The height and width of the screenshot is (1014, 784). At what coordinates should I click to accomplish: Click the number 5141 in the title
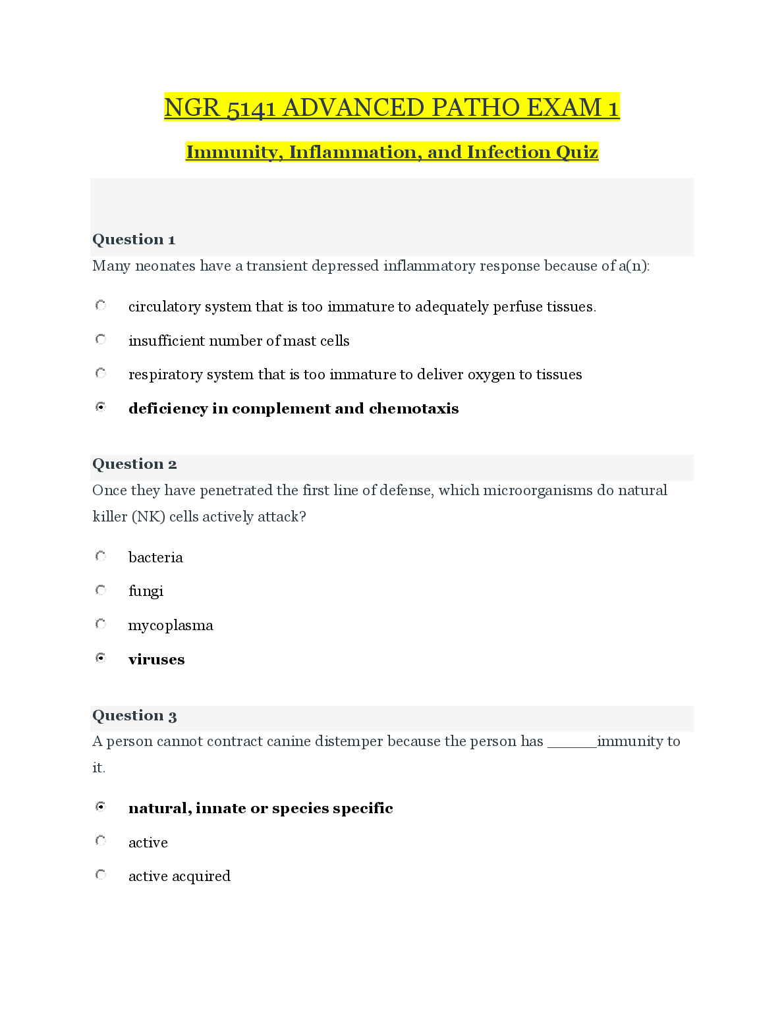[250, 108]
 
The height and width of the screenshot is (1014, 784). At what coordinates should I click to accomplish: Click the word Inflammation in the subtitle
[355, 152]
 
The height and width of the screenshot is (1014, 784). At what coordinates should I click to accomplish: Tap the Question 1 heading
[134, 240]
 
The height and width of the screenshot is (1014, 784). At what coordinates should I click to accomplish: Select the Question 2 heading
[134, 464]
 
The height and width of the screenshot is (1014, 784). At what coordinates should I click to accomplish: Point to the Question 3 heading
[134, 716]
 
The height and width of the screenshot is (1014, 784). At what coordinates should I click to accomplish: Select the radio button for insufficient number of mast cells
[101, 340]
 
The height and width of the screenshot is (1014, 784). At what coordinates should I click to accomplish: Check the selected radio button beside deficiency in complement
[101, 408]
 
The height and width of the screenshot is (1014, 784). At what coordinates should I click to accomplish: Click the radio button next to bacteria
[101, 556]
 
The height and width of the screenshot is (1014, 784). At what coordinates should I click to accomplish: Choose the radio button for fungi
[101, 590]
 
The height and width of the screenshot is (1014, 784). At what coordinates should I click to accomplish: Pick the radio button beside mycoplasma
[101, 624]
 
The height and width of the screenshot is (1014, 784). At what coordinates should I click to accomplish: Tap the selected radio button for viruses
[101, 658]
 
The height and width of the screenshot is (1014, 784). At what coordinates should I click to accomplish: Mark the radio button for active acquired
[101, 875]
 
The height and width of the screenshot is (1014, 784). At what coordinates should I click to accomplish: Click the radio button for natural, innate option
[101, 807]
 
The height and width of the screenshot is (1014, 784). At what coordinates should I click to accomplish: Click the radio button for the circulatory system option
[101, 306]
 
